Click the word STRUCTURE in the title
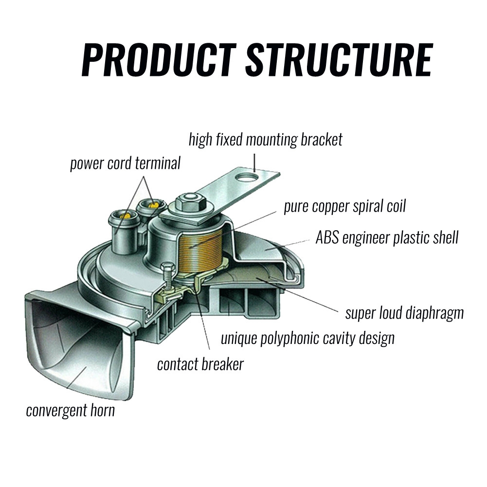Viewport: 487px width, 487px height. (x=339, y=60)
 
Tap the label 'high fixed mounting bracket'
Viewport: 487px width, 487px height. (x=265, y=140)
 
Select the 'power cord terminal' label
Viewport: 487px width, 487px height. (x=125, y=163)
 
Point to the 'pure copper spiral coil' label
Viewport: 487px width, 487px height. (x=344, y=206)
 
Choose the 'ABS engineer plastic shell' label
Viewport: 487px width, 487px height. (x=387, y=238)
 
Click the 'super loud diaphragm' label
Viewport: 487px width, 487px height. (x=404, y=313)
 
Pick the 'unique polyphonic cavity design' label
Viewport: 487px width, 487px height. (x=307, y=338)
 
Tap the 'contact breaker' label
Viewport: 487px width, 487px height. (x=200, y=364)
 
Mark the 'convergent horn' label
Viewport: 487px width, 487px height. (x=71, y=410)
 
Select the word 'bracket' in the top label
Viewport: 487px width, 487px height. (x=322, y=140)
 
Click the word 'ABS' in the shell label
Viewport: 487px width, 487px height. (x=328, y=238)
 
